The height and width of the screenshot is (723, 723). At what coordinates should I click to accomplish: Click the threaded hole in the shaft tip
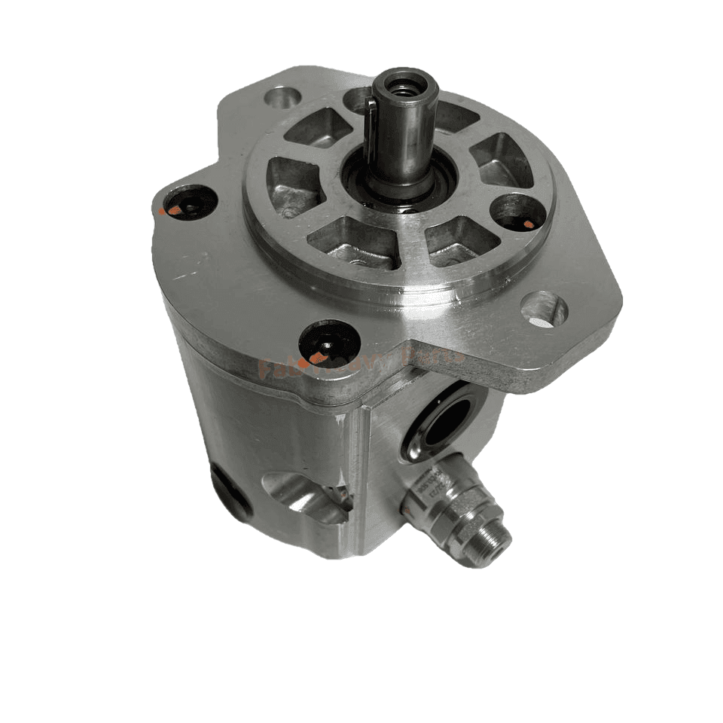tap(405, 87)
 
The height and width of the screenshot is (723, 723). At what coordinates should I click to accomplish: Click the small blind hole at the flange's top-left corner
tap(282, 96)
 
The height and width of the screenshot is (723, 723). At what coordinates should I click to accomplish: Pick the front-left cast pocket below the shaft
tap(354, 241)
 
